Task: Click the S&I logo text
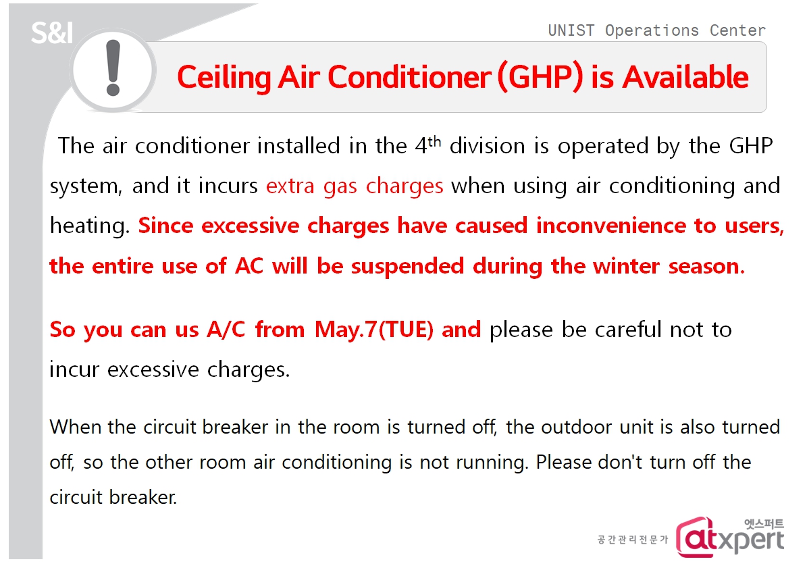tap(52, 33)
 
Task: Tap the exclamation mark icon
tap(113, 70)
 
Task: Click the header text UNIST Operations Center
tap(656, 31)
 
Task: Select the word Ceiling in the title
tap(224, 78)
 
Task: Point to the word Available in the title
tap(685, 77)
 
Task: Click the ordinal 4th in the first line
tap(427, 145)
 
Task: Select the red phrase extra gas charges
tap(355, 186)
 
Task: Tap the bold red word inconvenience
tap(611, 226)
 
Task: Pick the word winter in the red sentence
tap(626, 266)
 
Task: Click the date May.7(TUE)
tap(374, 330)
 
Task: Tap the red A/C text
tap(226, 330)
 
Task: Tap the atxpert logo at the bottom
tap(730, 537)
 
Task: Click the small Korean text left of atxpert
tap(632, 540)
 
